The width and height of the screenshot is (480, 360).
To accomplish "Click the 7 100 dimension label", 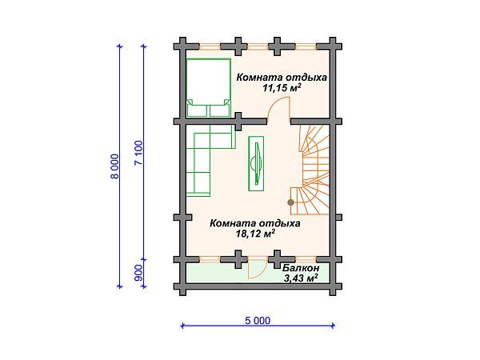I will coord(139,152).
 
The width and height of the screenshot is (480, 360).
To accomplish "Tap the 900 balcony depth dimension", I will coord(139,273).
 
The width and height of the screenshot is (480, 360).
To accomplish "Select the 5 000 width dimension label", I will coord(257,320).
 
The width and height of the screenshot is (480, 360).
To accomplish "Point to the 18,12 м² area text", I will coord(255,234).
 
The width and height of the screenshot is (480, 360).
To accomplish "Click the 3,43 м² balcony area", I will coord(301,278).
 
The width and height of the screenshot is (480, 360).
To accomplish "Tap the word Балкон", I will coord(300,268).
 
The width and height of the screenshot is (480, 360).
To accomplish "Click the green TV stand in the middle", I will coord(257,163).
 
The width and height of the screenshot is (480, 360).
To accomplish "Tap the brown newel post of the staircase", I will coord(290,201).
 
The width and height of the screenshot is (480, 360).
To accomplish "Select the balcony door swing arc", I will coord(257,270).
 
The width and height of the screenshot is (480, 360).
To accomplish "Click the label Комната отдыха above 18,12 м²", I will coord(255,223).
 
